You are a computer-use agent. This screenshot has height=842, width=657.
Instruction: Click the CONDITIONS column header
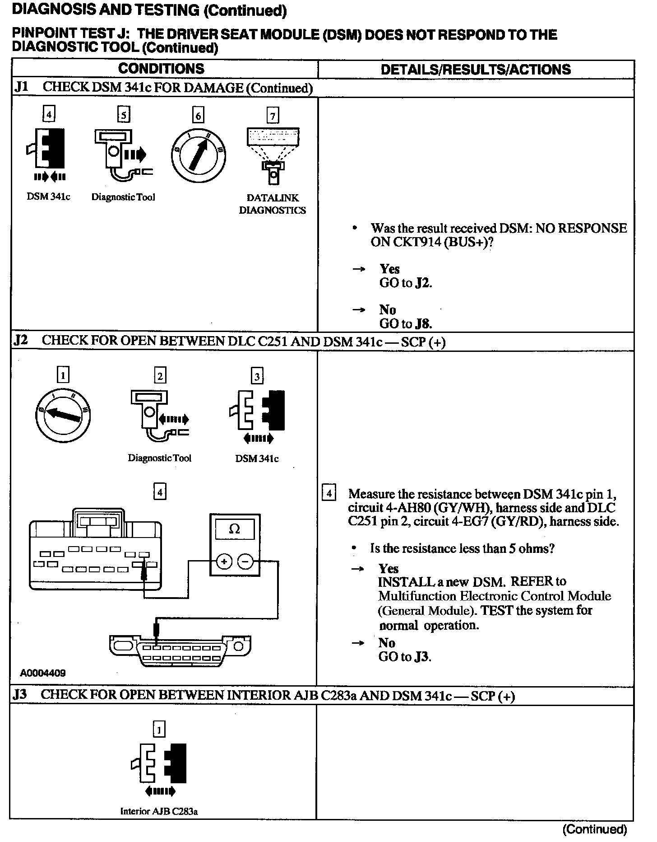[161, 69]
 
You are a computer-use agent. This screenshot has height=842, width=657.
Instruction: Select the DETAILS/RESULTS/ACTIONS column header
[476, 70]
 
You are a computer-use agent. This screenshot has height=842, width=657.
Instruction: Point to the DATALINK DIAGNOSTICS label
[272, 204]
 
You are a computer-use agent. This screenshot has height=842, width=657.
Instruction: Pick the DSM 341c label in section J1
[48, 197]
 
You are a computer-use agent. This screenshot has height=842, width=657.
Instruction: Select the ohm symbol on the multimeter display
[235, 529]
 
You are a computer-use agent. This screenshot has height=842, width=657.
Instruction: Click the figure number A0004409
[43, 673]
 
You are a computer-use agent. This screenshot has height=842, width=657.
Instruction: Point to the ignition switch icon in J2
[63, 414]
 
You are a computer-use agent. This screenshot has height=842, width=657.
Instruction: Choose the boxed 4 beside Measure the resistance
[329, 494]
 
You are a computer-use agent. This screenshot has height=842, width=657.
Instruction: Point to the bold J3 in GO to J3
[422, 657]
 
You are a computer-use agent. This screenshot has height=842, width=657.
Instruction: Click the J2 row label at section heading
[21, 340]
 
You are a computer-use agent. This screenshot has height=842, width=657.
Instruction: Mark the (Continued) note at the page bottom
[594, 829]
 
